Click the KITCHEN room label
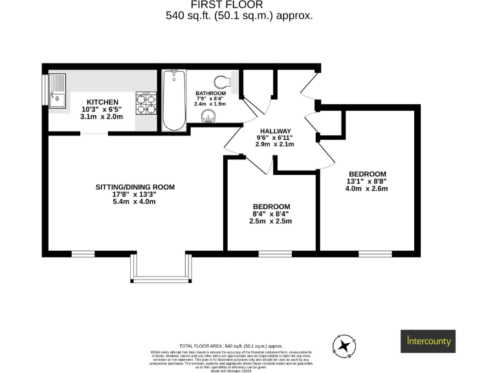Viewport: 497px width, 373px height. pos(103,102)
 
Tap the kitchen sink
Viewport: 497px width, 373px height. pos(58,91)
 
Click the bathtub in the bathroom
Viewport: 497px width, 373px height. pos(174,101)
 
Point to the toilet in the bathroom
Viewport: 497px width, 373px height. pos(224,81)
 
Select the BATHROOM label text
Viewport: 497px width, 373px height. pos(210,94)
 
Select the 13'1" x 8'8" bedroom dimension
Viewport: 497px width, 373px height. pos(367,181)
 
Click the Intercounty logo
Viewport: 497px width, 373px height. pos(429,340)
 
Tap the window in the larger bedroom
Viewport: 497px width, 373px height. pos(371,253)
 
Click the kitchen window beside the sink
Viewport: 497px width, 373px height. pos(45,90)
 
